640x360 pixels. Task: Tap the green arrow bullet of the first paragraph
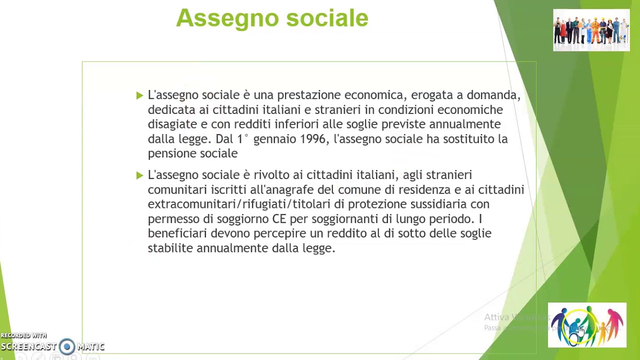[139, 95]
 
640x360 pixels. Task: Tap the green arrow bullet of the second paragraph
[139, 175]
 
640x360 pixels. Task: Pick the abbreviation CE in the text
[279, 219]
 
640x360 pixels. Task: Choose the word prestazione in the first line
[308, 95]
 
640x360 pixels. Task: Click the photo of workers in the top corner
[591, 30]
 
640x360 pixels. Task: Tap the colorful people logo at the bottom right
[586, 325]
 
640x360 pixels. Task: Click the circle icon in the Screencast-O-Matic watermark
[67, 346]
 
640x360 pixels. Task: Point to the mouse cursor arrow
[580, 331]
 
